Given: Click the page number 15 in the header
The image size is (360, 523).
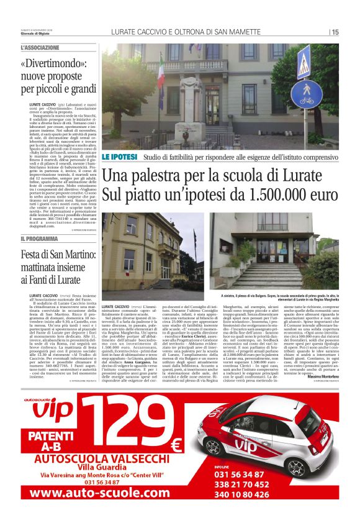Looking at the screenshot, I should tap(335, 32).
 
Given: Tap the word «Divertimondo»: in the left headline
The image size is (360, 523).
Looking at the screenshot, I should tap(52, 63).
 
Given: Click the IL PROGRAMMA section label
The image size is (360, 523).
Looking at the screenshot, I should tap(39, 239).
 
